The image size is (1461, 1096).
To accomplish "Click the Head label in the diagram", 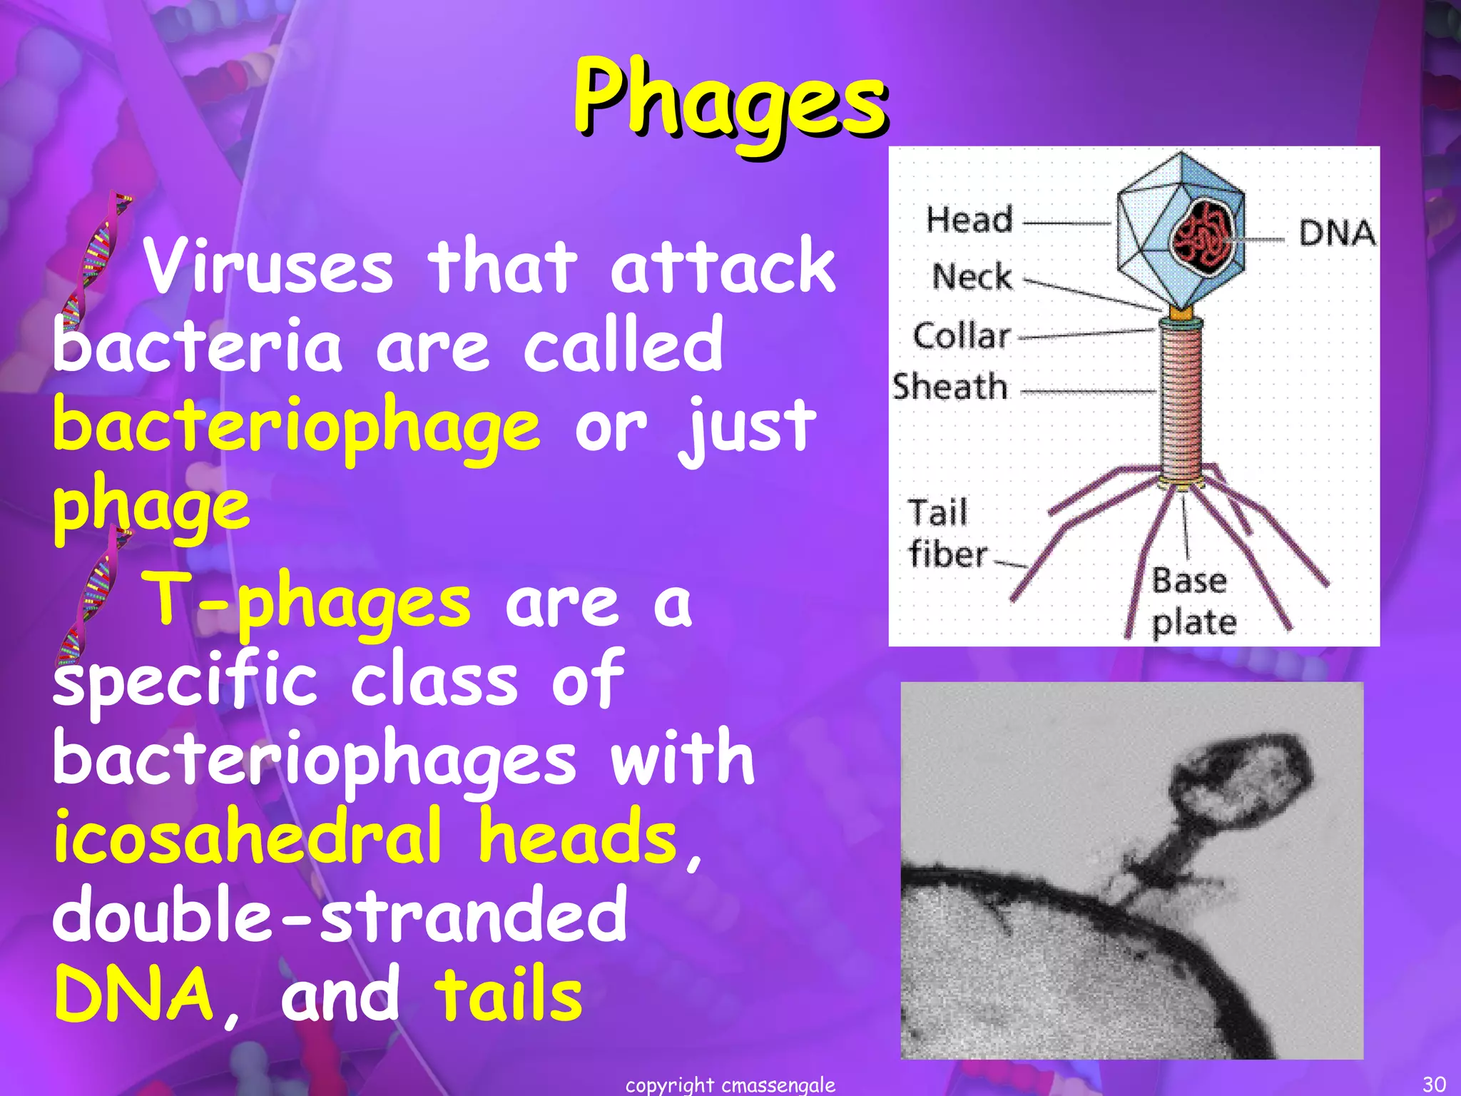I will coord(969,219).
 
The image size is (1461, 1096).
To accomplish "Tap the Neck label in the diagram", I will coord(972,276).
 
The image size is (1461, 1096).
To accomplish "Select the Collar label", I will coord(962,335).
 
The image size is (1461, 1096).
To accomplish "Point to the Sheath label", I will coord(950,387).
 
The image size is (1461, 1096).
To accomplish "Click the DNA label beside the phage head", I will coord(1336,233).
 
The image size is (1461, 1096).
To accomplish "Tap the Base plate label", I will coord(1193,601).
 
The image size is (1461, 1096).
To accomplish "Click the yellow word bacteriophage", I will coord(296,426).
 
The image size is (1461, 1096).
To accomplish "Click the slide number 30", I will coord(1434,1084).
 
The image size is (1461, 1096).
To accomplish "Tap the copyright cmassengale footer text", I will coord(730,1085).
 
